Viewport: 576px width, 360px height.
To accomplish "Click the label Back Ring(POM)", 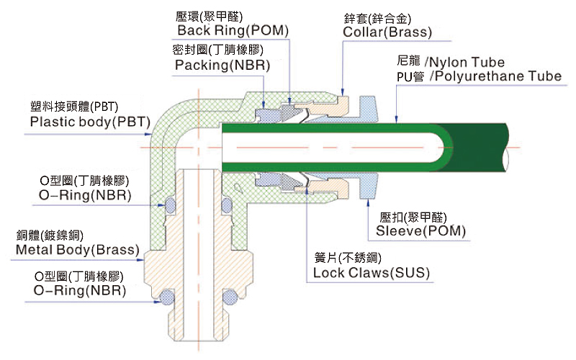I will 233,31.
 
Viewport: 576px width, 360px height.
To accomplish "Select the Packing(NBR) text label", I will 222,64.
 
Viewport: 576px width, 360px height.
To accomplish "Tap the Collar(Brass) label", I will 387,32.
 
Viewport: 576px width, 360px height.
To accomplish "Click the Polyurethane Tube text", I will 496,76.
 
